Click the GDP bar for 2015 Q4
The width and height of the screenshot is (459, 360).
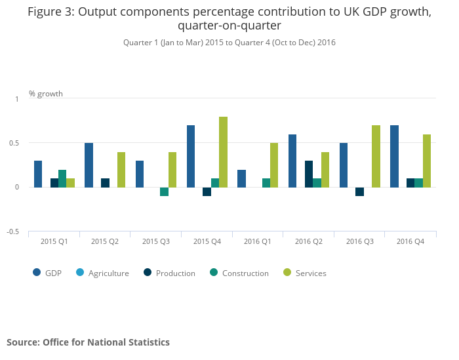pos(191,156)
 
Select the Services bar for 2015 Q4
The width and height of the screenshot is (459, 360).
pos(223,152)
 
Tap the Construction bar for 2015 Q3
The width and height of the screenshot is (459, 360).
pos(165,191)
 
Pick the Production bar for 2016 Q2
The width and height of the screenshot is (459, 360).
pos(308,174)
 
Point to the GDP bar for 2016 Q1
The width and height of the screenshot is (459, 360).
pos(241,178)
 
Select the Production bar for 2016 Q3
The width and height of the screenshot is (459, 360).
pos(359,191)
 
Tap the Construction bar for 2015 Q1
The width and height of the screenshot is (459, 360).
pos(62,178)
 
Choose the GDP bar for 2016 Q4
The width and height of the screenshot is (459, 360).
pos(394,156)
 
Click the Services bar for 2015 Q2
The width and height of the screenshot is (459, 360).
pos(121,170)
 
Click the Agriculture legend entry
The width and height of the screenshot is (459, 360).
pos(108,273)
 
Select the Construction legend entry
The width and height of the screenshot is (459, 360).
pos(245,273)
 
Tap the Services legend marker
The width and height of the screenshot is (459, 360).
pos(287,273)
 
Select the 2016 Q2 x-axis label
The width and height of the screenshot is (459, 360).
pos(309,242)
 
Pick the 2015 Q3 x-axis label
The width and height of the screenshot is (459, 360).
pos(156,242)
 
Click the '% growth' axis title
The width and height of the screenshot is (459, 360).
pos(46,94)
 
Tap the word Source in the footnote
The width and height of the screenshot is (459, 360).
pos(22,342)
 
